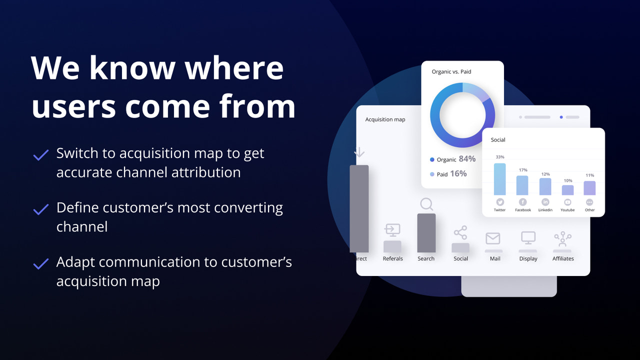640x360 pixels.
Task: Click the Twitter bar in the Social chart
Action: [500, 179]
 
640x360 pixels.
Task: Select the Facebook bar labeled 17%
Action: [522, 185]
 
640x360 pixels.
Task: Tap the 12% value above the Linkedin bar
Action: [545, 174]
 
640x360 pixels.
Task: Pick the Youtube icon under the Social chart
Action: [567, 202]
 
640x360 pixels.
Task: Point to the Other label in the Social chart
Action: [590, 210]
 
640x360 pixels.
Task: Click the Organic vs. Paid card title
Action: [451, 72]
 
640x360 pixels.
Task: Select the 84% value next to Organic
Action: [467, 159]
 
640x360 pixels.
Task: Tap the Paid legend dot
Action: [432, 174]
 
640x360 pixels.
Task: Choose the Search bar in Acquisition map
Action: [426, 233]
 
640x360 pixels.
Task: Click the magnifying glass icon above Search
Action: [426, 204]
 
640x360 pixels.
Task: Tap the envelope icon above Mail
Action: [493, 238]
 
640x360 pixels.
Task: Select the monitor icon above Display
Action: [528, 238]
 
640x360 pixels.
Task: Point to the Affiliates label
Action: [563, 258]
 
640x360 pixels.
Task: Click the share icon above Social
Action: [460, 233]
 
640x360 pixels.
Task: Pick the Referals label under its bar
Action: [393, 258]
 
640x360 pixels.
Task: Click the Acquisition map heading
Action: [385, 119]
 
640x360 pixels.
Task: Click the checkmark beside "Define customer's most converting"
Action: [40, 209]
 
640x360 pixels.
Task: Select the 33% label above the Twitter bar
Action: [500, 157]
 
